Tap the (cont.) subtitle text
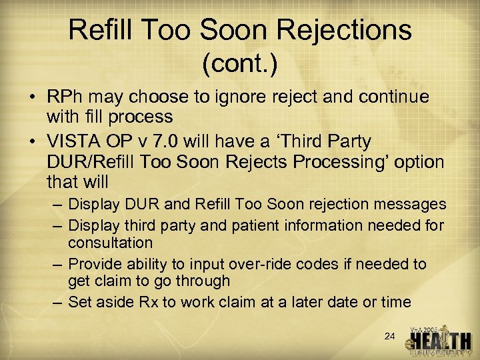coord(239,65)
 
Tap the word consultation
coord(110,243)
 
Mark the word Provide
coord(95,264)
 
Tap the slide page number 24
coord(390,337)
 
